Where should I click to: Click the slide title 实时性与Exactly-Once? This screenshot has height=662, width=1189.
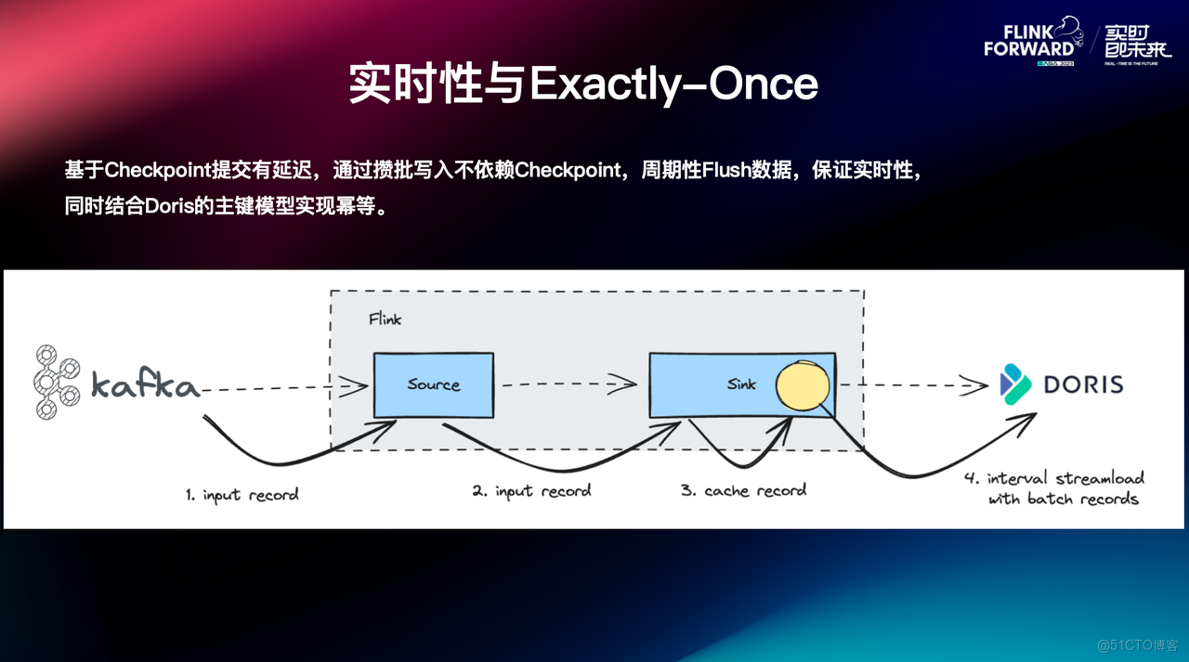(583, 84)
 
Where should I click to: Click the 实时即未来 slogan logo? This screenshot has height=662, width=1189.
(1138, 42)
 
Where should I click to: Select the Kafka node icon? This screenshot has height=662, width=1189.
(58, 382)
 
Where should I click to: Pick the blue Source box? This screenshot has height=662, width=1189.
(433, 384)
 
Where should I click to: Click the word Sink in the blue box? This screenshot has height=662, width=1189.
(741, 383)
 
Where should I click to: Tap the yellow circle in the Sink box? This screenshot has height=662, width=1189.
(803, 385)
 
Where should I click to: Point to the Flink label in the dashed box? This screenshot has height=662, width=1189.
(385, 318)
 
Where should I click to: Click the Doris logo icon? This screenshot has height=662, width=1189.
(1015, 383)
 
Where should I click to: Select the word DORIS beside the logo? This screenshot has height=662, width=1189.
(1083, 383)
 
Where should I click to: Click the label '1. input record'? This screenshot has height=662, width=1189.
(242, 495)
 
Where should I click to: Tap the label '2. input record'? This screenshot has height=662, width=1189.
(530, 490)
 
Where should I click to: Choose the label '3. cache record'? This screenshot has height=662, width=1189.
(743, 489)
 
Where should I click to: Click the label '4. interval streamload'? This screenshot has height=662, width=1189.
(1054, 478)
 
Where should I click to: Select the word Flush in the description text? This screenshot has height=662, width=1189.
(725, 171)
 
